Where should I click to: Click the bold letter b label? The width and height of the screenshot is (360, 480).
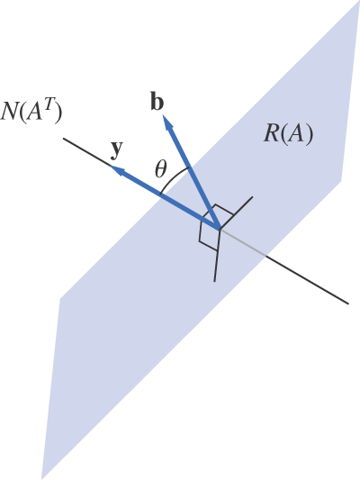157,102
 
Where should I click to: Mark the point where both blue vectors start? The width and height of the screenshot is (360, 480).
219,227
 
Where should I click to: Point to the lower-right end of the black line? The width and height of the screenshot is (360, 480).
347,303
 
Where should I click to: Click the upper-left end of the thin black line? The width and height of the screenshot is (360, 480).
64,138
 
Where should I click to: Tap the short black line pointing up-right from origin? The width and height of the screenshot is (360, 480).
238,210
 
